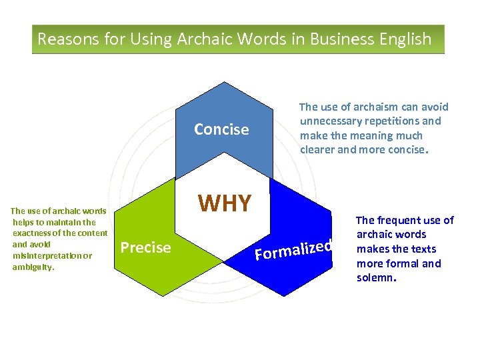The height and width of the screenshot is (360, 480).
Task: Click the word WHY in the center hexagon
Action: click(x=225, y=203)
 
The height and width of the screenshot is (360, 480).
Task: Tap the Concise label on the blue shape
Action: click(x=221, y=129)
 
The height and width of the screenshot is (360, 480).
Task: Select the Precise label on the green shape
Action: click(x=145, y=248)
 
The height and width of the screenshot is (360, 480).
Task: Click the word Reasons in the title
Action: click(x=66, y=39)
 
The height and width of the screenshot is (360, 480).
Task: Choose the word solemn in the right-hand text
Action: click(x=375, y=277)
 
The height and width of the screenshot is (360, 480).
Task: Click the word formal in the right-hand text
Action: click(x=401, y=263)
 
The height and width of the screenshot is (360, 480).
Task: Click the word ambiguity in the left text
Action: click(x=33, y=267)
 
